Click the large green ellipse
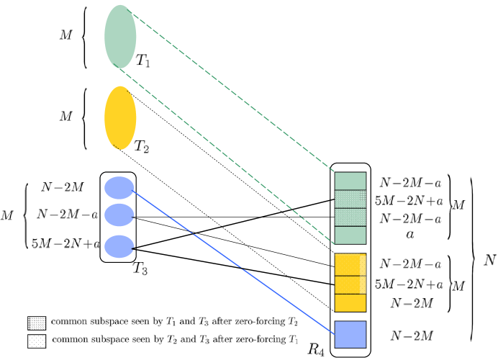click(120, 37)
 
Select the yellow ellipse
click(120, 118)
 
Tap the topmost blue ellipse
click(119, 188)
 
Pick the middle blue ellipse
click(119, 215)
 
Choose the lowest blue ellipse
click(119, 246)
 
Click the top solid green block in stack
click(350, 181)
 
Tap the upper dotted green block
click(350, 199)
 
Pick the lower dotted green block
click(350, 217)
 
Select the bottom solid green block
click(350, 235)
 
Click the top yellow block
click(347, 264)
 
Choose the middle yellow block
click(347, 284)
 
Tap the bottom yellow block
click(347, 303)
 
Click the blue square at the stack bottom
click(350, 334)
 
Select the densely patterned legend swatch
click(37, 323)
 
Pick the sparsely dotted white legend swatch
click(37, 341)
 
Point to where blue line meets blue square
click(335, 334)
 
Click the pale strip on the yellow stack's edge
click(363, 274)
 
